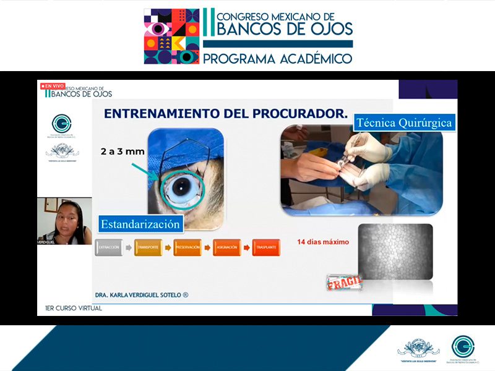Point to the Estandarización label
pyautogui.click(x=140, y=223)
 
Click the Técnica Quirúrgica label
pyautogui.click(x=405, y=122)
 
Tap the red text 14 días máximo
pyautogui.click(x=323, y=241)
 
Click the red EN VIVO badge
pyautogui.click(x=52, y=86)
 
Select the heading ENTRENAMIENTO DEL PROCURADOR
pyautogui.click(x=225, y=113)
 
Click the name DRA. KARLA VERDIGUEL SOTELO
pyautogui.click(x=142, y=295)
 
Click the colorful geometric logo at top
pyautogui.click(x=171, y=36)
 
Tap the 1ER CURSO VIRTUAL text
pyautogui.click(x=73, y=308)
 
